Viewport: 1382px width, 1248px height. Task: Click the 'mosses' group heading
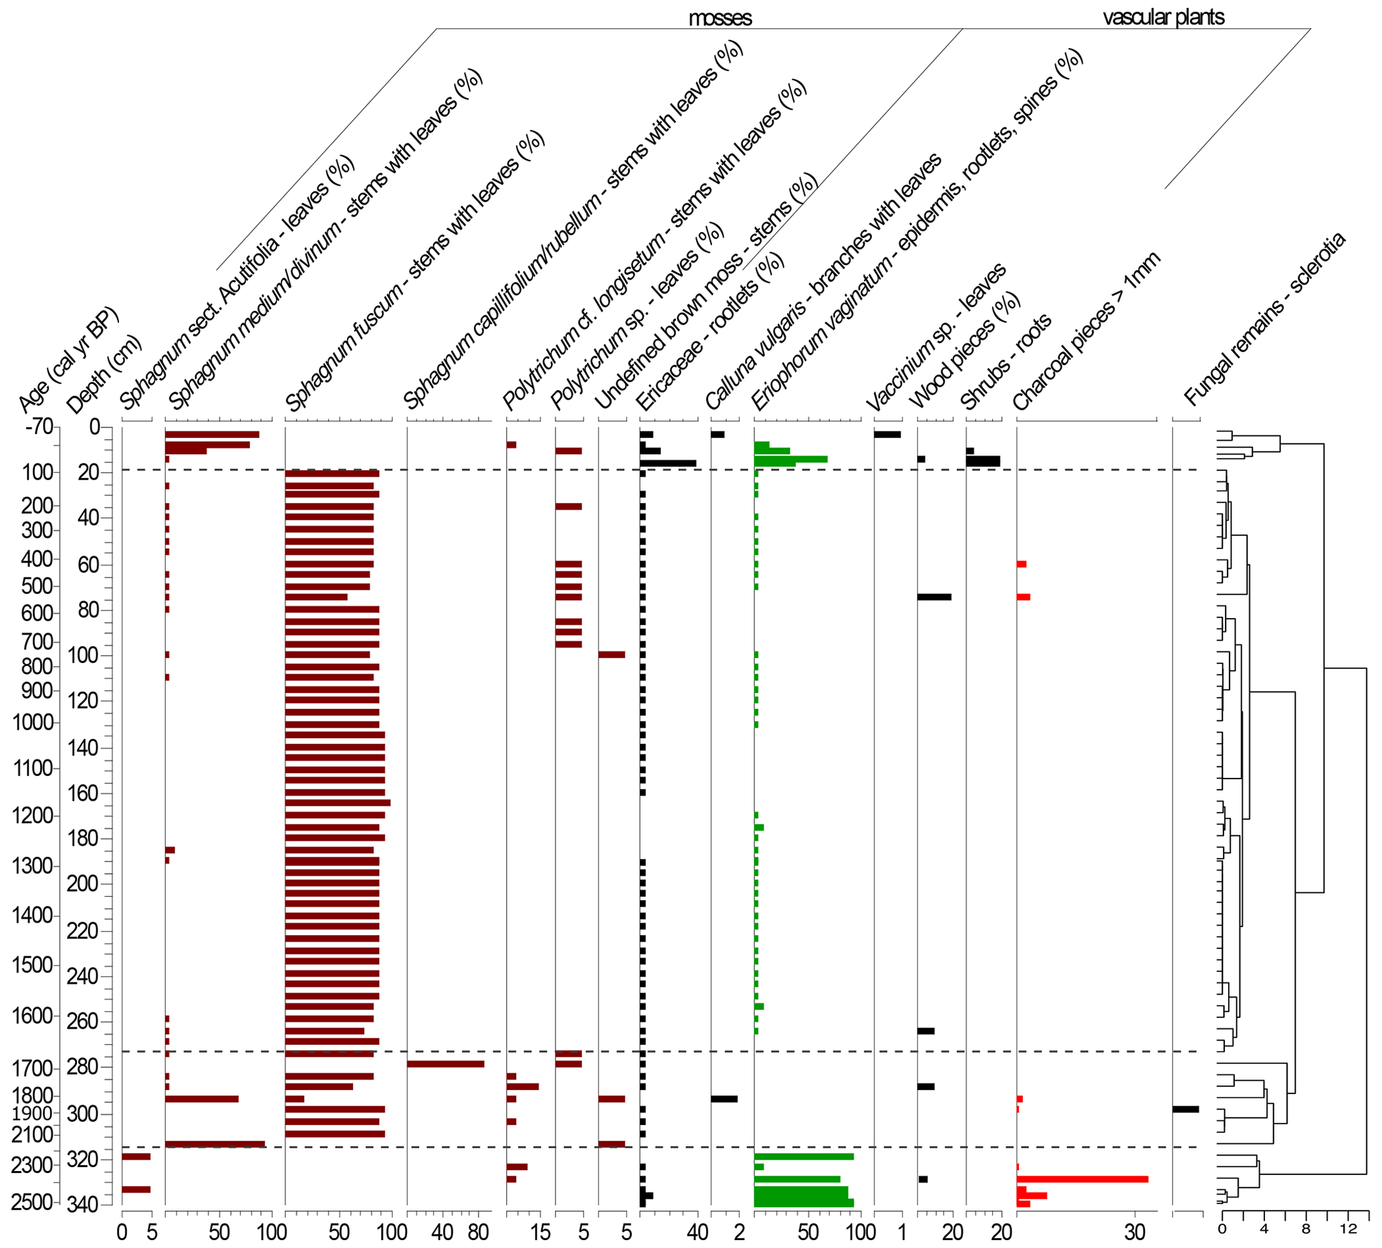(x=720, y=18)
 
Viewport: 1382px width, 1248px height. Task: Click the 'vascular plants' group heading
(x=1163, y=17)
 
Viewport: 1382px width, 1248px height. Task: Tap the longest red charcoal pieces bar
(x=1082, y=1179)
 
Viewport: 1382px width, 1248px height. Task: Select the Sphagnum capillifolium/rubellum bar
(x=445, y=1064)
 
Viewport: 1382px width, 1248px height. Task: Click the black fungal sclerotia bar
(x=1185, y=1110)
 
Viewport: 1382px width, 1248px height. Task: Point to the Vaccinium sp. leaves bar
(x=887, y=434)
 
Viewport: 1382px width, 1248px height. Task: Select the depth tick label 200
(x=82, y=883)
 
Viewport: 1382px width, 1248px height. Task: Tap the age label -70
(x=39, y=427)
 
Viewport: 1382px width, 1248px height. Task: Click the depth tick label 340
(x=82, y=1204)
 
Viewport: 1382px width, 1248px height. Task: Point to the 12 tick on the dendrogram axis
(x=1349, y=1229)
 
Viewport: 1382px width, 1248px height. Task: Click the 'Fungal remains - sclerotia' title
(x=1265, y=319)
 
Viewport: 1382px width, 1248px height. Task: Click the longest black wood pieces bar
(x=934, y=597)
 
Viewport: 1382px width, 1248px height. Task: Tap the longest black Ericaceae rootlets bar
(x=668, y=463)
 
